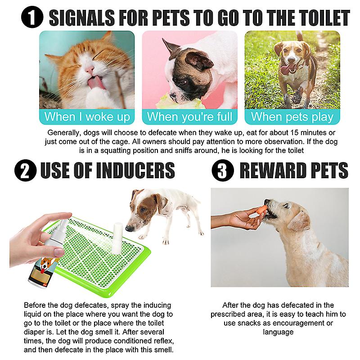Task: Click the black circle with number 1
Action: [x=32, y=17]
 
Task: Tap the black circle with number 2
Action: [x=25, y=170]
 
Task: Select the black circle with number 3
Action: [x=222, y=170]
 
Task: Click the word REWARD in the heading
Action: [x=271, y=170]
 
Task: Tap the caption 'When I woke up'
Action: [x=87, y=117]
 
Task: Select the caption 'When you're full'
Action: [x=189, y=117]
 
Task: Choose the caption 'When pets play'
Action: [x=292, y=117]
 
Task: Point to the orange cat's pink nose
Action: [x=89, y=69]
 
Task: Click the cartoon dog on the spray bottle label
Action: [x=48, y=264]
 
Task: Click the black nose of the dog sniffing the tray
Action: [x=130, y=229]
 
